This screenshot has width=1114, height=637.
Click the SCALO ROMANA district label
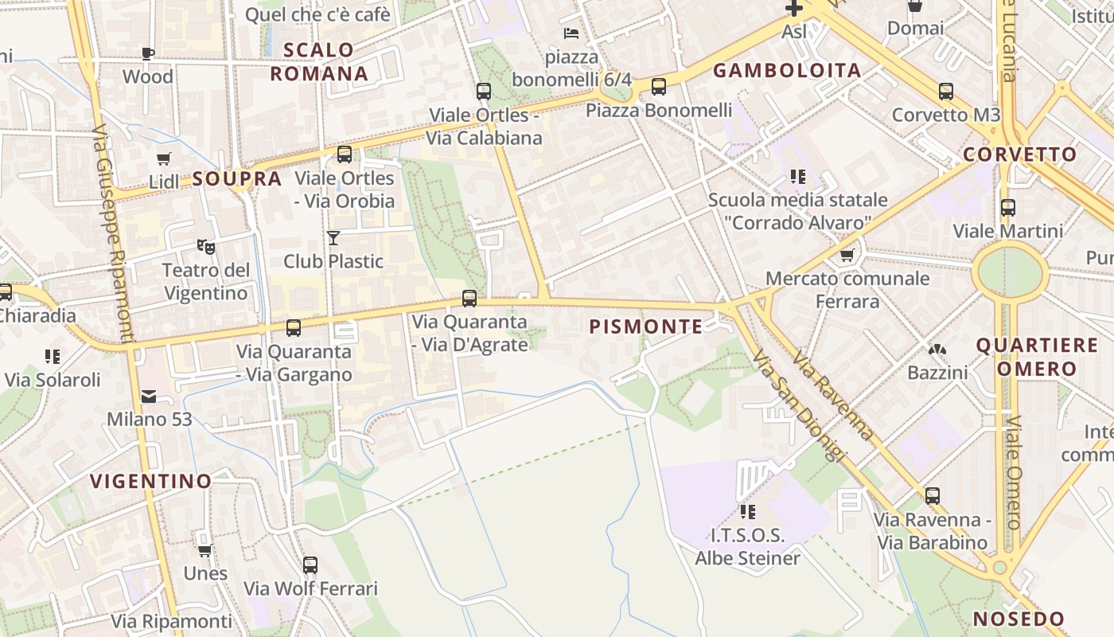pyautogui.click(x=318, y=62)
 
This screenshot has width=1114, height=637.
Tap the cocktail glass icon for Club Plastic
pyautogui.click(x=333, y=237)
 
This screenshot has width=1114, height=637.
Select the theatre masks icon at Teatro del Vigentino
pyautogui.click(x=206, y=247)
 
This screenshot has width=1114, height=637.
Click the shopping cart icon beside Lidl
pyautogui.click(x=163, y=158)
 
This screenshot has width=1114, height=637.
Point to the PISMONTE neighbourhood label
pyautogui.click(x=646, y=326)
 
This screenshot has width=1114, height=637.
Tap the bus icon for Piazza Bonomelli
pyautogui.click(x=659, y=87)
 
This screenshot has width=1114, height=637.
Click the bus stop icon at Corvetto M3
pyautogui.click(x=945, y=92)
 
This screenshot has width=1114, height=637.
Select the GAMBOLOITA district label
pyautogui.click(x=787, y=71)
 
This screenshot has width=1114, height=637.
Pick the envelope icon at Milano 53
pyautogui.click(x=149, y=397)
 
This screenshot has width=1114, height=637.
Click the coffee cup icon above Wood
pyautogui.click(x=147, y=53)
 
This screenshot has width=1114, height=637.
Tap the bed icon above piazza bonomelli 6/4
pyautogui.click(x=571, y=33)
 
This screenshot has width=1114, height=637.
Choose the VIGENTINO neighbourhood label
pyautogui.click(x=150, y=481)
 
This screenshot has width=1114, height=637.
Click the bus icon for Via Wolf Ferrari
pyautogui.click(x=310, y=565)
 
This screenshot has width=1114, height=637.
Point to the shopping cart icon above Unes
pyautogui.click(x=204, y=550)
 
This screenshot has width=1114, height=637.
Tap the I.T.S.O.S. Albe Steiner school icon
pyautogui.click(x=747, y=511)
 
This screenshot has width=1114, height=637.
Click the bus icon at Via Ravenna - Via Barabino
pyautogui.click(x=932, y=496)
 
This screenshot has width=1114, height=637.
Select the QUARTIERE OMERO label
pyautogui.click(x=1036, y=357)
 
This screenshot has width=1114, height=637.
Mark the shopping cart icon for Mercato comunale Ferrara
pyautogui.click(x=847, y=256)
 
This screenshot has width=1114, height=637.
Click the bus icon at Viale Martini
pyautogui.click(x=1008, y=208)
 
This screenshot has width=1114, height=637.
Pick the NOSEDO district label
pyautogui.click(x=1019, y=619)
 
